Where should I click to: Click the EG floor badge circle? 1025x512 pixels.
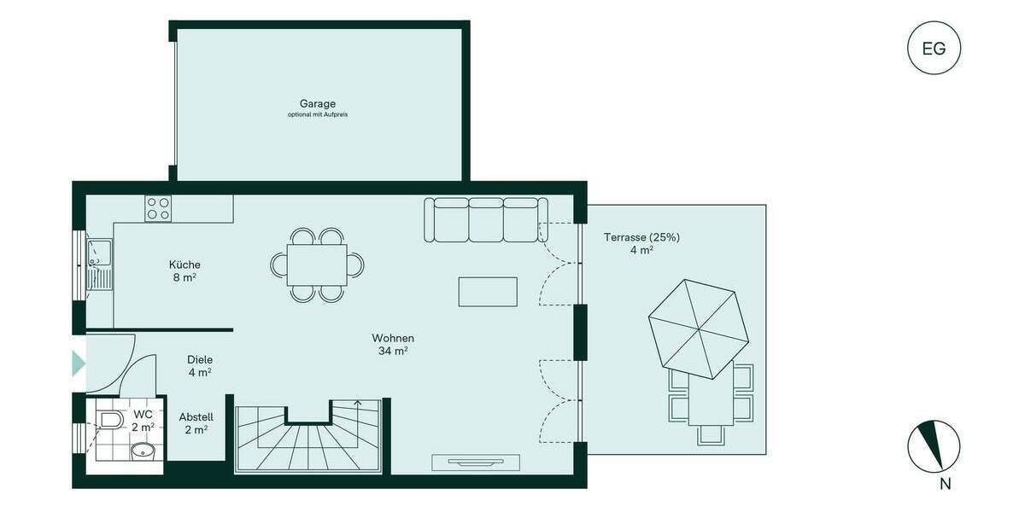(934, 48)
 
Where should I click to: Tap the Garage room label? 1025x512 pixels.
(317, 104)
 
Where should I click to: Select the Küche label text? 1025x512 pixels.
(184, 265)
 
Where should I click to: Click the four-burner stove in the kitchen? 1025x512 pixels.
(158, 209)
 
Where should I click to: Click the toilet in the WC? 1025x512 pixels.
(109, 419)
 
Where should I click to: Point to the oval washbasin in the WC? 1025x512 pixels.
(142, 450)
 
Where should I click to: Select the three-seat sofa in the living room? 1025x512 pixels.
(485, 219)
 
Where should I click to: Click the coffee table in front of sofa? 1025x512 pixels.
(488, 291)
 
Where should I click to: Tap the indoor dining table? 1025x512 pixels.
(317, 265)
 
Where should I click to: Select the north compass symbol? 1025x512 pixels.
(934, 446)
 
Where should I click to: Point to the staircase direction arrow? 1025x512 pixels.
(357, 404)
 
